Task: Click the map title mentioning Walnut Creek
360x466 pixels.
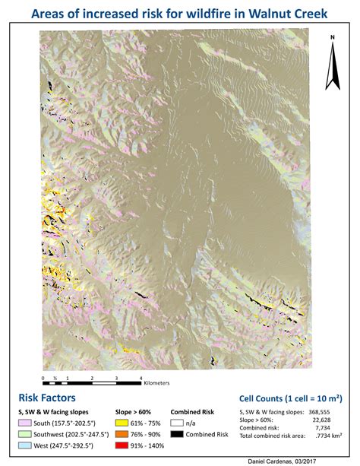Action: tap(179, 14)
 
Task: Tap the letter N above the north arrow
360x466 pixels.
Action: tap(333, 36)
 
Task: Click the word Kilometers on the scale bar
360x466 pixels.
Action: tap(156, 383)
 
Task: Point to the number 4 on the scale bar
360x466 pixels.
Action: tap(141, 376)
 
